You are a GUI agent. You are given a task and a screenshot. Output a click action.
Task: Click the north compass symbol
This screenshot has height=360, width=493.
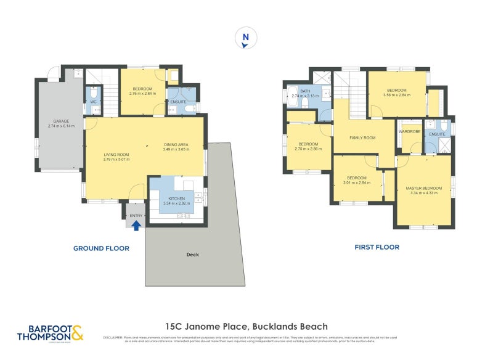point(245,38)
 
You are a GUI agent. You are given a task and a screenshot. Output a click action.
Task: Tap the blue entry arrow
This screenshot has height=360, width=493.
point(136,225)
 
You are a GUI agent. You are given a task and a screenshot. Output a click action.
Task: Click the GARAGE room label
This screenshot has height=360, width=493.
point(61,121)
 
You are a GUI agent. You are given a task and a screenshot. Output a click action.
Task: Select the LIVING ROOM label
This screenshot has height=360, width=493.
point(116,155)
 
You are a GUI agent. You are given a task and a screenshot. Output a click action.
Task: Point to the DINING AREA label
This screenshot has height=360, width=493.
point(176,144)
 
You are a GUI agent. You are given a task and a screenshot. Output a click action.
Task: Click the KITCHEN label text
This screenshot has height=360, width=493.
point(177,198)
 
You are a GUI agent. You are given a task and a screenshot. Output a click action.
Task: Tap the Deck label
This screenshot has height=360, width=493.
point(192,254)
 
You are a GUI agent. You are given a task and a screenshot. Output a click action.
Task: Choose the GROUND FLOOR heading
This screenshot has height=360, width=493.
point(101,248)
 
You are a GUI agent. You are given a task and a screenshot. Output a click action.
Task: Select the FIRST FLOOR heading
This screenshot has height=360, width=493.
point(377,247)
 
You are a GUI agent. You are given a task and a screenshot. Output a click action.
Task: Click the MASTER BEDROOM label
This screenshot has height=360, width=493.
point(423,187)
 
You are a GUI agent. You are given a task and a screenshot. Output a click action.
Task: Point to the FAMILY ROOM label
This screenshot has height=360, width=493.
point(362,137)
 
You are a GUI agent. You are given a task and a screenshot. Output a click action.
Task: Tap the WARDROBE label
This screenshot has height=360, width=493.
point(410,131)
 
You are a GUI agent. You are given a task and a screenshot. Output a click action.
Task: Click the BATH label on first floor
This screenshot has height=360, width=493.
point(298,91)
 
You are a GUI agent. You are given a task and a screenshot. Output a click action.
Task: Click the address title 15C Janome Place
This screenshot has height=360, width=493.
point(246,327)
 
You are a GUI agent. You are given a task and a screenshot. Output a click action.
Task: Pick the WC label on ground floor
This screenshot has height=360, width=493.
point(94,102)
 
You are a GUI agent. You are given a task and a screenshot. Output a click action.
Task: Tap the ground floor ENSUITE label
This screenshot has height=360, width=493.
point(179,101)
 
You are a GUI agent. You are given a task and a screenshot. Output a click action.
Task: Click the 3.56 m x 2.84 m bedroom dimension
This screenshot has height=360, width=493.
point(396,95)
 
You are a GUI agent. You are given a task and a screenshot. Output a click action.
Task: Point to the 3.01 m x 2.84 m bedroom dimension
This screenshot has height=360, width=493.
point(357,182)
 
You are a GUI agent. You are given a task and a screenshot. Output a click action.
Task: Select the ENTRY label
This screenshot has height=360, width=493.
point(136,215)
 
